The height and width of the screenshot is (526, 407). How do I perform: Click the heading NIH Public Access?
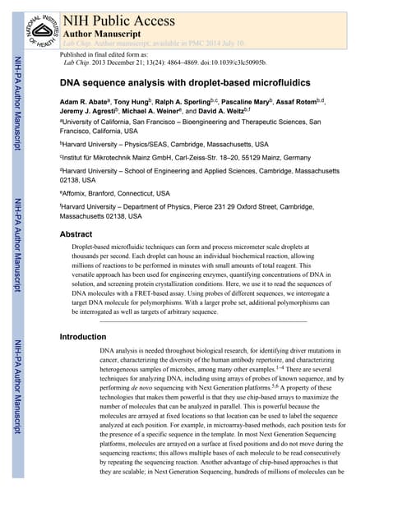118,19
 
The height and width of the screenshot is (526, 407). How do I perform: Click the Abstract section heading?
76,234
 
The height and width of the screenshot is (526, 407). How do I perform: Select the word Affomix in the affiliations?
80,193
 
